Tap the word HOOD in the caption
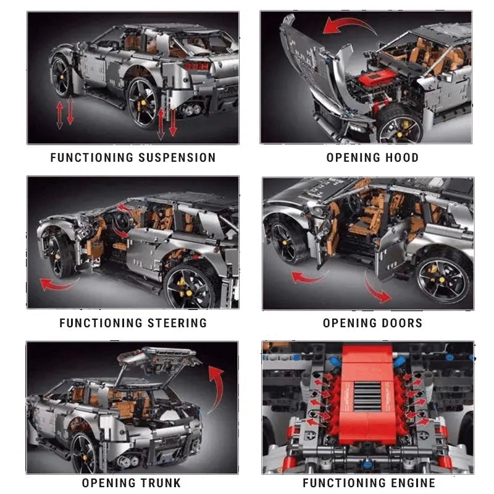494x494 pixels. pos(402,157)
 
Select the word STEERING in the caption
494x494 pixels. pos(177,322)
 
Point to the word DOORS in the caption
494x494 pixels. pos(402,322)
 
